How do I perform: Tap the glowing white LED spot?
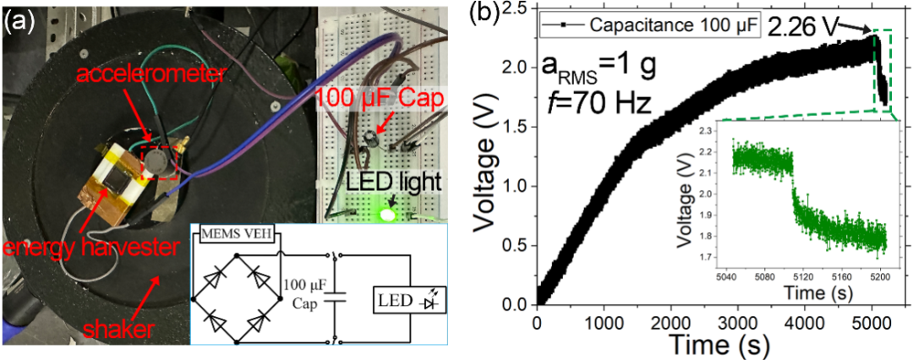(x=388, y=215)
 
